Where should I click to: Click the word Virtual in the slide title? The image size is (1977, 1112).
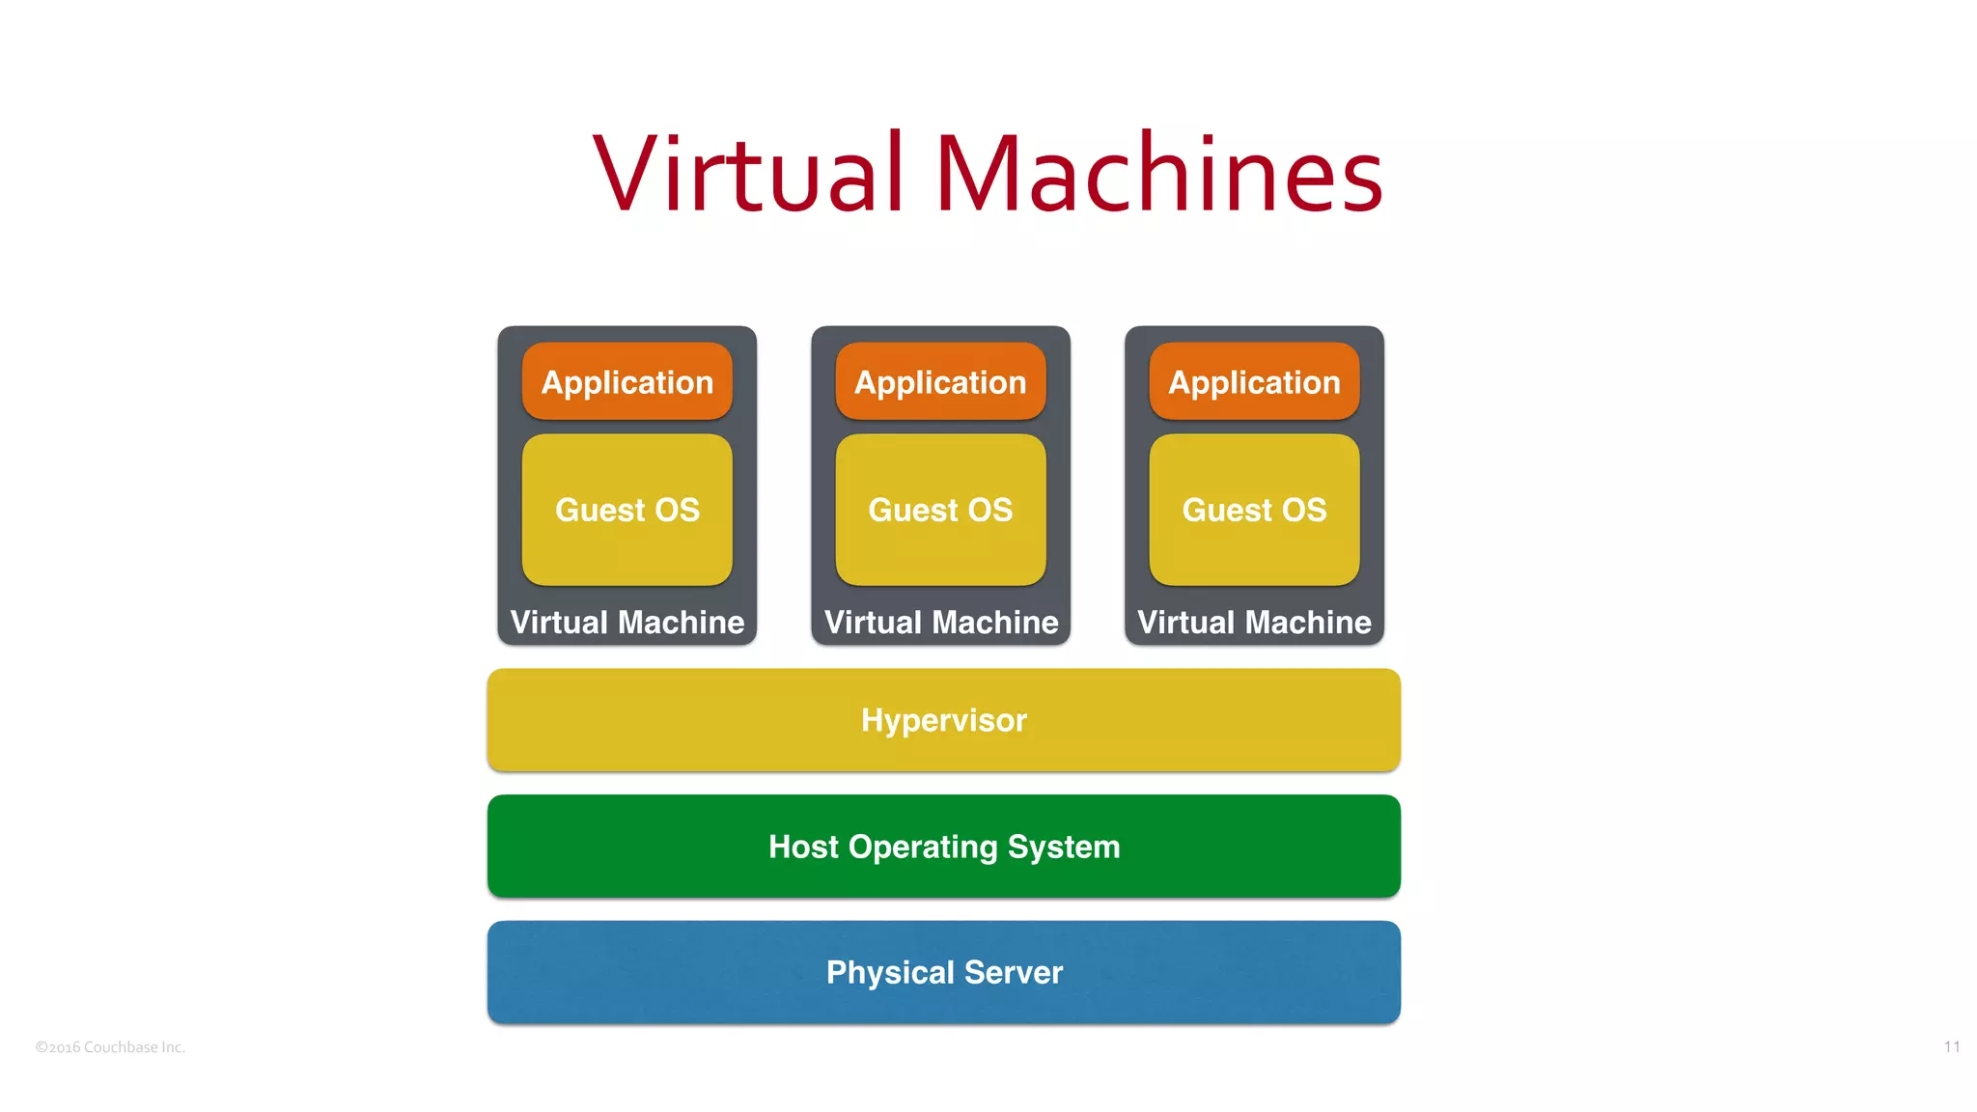749,174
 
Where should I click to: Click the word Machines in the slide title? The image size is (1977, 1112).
1159,174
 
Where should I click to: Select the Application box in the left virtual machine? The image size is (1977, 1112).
627,382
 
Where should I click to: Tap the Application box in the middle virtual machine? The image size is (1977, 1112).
940,382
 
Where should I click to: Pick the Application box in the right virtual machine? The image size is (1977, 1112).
1254,382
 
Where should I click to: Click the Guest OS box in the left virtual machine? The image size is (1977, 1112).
627,510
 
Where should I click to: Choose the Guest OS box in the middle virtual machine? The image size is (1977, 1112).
940,510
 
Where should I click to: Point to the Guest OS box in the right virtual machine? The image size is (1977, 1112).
1254,510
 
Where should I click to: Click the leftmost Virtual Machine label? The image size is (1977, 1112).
627,623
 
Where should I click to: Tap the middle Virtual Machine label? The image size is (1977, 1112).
941,623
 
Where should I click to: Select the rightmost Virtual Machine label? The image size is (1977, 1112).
1254,623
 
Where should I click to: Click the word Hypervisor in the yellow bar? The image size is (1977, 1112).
944,720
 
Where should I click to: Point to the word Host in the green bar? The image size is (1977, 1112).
803,847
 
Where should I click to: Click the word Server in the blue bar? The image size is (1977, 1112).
1014,972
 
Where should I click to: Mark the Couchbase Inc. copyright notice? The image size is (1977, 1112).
110,1047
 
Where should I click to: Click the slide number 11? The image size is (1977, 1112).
1952,1047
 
